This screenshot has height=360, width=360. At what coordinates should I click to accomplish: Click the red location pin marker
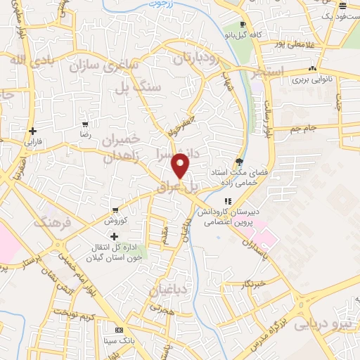coord(181,166)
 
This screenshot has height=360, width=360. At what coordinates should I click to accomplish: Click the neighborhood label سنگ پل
coord(134,86)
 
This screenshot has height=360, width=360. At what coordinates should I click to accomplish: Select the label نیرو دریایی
coord(320,324)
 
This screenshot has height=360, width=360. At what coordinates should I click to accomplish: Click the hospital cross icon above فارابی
coord(33,131)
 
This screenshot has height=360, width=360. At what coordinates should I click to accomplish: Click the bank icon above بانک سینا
coord(119,330)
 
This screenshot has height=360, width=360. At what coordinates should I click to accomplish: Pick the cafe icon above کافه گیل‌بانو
coord(242,25)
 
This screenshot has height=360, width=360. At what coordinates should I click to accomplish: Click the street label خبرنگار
coord(252,284)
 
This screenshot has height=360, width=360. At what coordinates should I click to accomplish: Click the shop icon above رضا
coord(86,124)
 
